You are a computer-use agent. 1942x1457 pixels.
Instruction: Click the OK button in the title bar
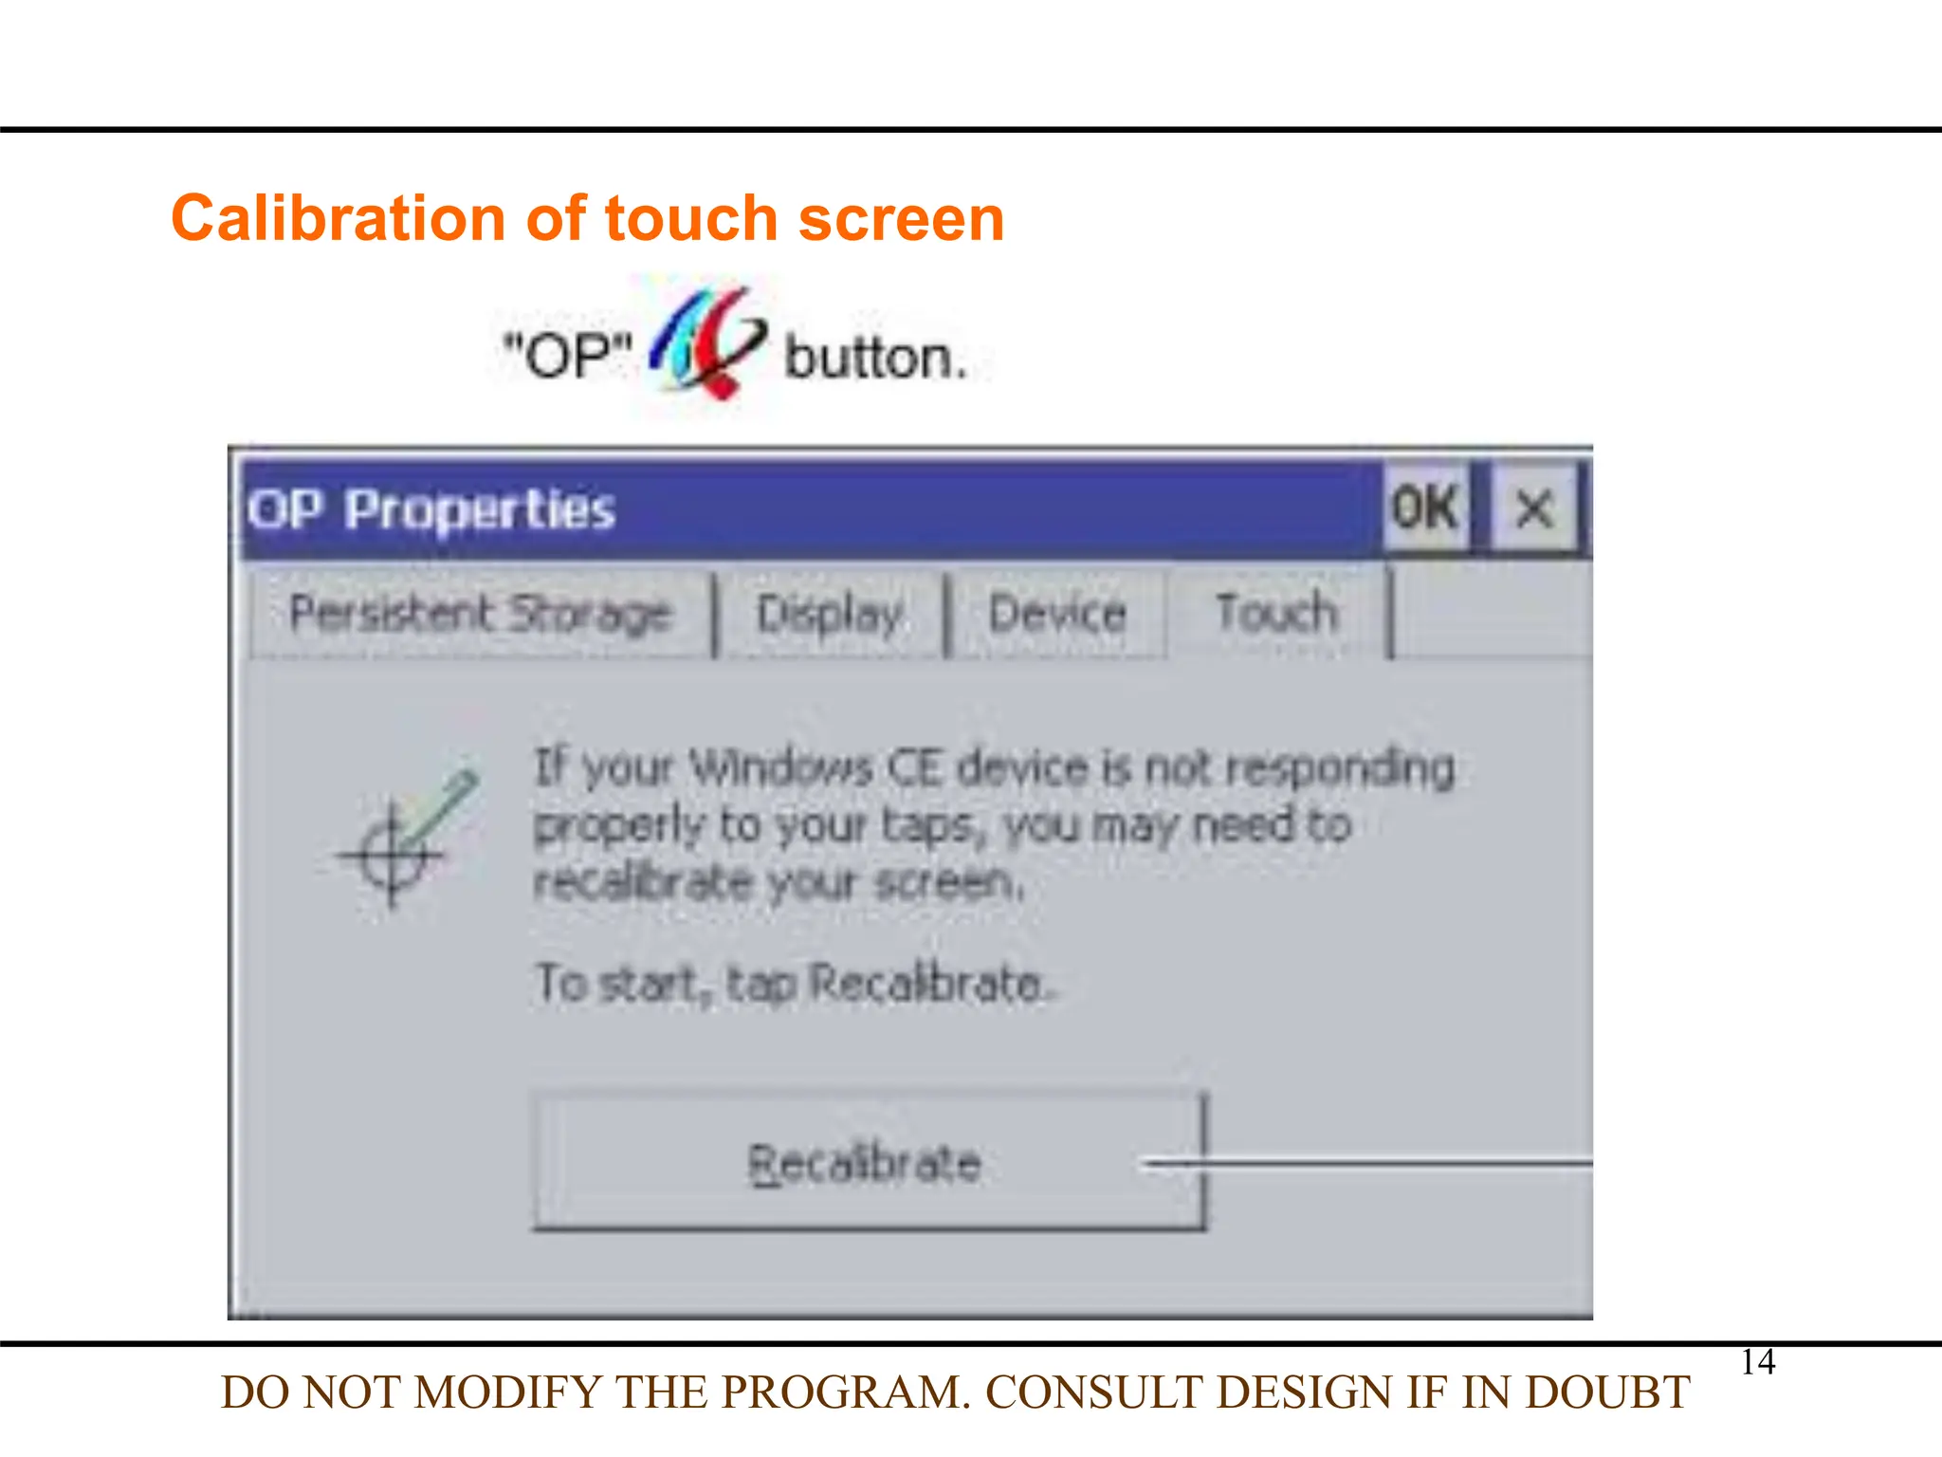point(1424,508)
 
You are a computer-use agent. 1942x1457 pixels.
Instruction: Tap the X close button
point(1533,508)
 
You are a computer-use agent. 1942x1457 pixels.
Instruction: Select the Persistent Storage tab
point(481,613)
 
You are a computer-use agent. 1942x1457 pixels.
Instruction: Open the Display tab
point(830,613)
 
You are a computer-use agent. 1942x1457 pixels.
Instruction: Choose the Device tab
point(1057,613)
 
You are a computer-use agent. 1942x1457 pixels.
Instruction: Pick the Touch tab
point(1276,613)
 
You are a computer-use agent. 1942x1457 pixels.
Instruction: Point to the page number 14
point(1757,1362)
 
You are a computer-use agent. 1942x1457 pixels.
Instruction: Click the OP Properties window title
point(431,509)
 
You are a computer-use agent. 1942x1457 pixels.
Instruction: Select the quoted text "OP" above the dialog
point(567,357)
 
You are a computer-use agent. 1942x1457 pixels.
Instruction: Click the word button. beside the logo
point(875,359)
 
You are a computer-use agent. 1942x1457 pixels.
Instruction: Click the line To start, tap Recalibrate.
point(795,983)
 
